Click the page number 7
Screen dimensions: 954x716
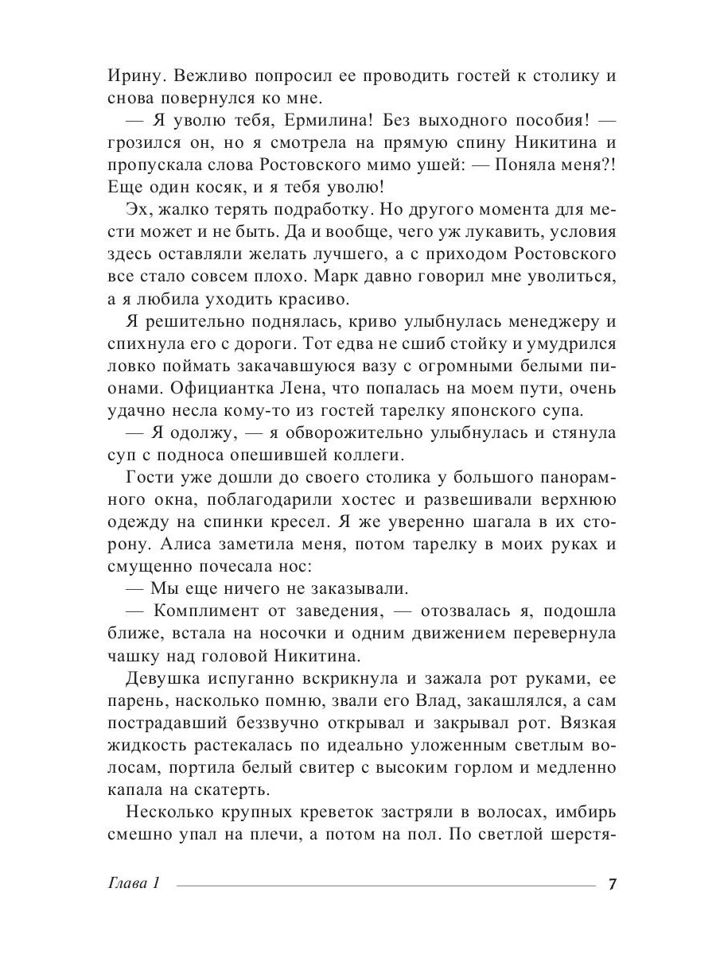612,884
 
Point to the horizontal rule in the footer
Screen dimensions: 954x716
385,885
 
